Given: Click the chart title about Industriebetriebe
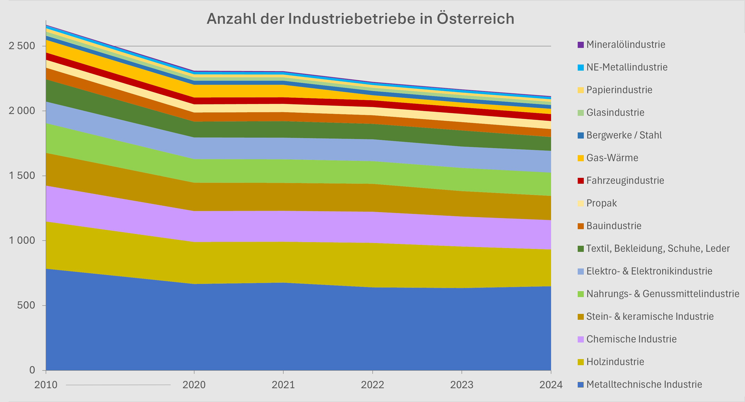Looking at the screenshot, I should pyautogui.click(x=360, y=19).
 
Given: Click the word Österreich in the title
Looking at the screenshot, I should pyautogui.click(x=475, y=19).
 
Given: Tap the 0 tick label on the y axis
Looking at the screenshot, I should pyautogui.click(x=32, y=370).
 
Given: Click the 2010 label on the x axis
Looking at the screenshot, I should pyautogui.click(x=46, y=385).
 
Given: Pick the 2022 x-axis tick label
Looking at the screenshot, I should pyautogui.click(x=372, y=385).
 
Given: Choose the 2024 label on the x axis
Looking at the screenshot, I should pyautogui.click(x=551, y=385).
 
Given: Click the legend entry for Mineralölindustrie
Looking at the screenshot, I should pyautogui.click(x=626, y=44).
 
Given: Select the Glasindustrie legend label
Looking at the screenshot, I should pyautogui.click(x=615, y=112).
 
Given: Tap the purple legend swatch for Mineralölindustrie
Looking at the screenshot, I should pyautogui.click(x=580, y=45).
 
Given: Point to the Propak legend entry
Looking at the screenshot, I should pyautogui.click(x=601, y=203).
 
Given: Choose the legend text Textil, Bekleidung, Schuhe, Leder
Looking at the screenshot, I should pyautogui.click(x=658, y=248).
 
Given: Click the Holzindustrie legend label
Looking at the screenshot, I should pyautogui.click(x=615, y=362).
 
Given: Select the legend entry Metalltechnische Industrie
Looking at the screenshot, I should pyautogui.click(x=644, y=384).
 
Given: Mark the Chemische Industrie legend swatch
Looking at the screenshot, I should pyautogui.click(x=580, y=339).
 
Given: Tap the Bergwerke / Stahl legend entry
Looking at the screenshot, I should pyautogui.click(x=624, y=135).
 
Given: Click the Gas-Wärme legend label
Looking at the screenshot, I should pyautogui.click(x=612, y=158).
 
